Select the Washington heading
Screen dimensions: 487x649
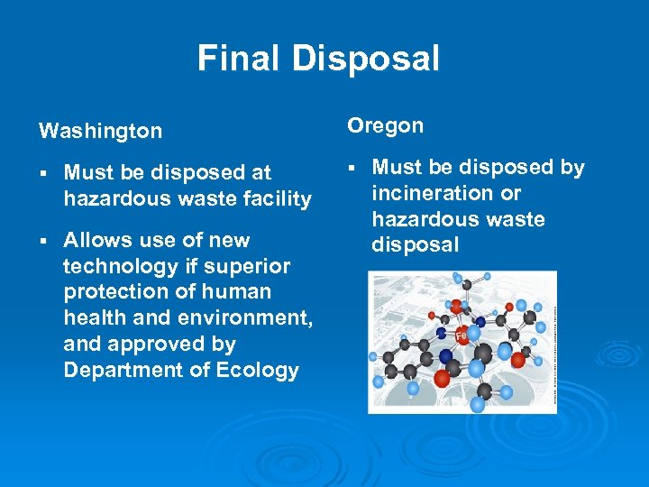[x=100, y=132]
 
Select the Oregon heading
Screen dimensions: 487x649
[x=385, y=126]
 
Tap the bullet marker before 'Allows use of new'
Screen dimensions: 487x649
[x=42, y=241]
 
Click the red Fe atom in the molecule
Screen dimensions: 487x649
[x=462, y=335]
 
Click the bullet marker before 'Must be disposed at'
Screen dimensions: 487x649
[x=42, y=172]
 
